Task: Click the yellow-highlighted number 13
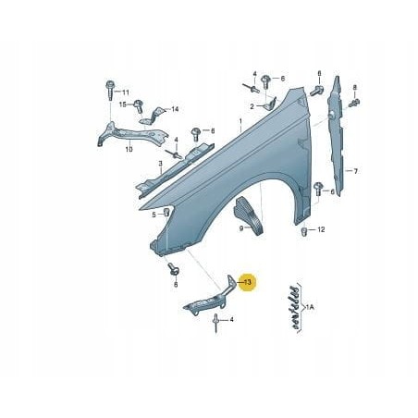(247, 281)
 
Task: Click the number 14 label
(174, 110)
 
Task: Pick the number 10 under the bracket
(129, 148)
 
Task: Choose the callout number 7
(357, 171)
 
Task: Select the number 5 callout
(154, 215)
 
